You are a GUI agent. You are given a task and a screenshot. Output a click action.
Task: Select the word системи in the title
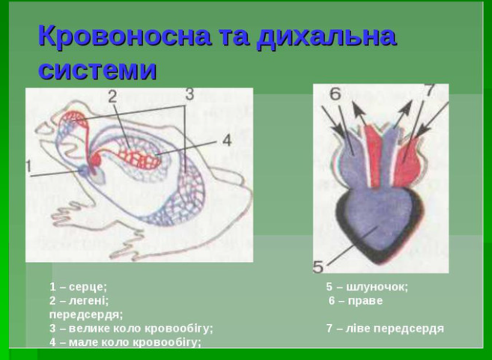(x=97, y=70)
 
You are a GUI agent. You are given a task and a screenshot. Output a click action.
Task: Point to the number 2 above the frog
(x=112, y=97)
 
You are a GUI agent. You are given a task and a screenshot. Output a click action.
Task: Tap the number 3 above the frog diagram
(x=189, y=94)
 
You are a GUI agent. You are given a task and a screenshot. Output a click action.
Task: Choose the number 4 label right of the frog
(x=226, y=140)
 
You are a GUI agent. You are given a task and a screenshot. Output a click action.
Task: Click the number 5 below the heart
(x=318, y=265)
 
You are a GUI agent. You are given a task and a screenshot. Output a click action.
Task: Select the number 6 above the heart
(x=334, y=94)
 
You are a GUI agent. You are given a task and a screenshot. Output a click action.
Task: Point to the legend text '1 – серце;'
(x=79, y=287)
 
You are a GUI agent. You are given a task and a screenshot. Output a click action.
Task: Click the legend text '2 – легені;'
(x=79, y=300)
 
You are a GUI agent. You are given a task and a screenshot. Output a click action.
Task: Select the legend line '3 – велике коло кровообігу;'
(x=131, y=328)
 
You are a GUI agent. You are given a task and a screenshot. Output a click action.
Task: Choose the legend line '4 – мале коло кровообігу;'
(x=125, y=342)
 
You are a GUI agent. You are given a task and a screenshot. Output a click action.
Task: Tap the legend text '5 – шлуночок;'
(x=367, y=287)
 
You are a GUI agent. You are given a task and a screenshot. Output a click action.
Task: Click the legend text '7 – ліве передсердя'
(x=385, y=328)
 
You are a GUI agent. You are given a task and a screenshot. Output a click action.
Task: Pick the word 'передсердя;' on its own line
(x=86, y=314)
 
